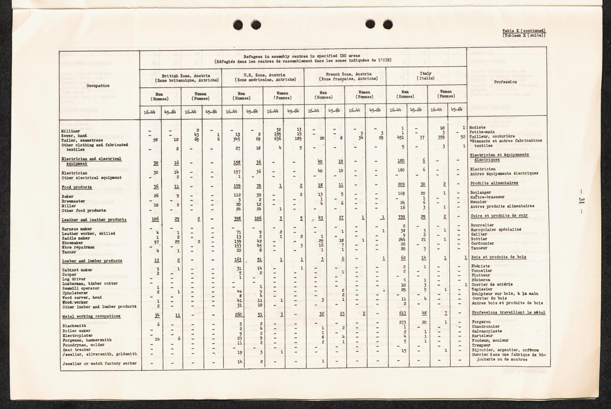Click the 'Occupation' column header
98,86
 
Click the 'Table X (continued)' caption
524,31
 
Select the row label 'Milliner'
71,131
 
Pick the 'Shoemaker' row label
72,243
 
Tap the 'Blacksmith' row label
74,326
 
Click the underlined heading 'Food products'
76,187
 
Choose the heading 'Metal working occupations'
91,316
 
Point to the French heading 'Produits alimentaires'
494,183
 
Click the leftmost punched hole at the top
238,24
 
